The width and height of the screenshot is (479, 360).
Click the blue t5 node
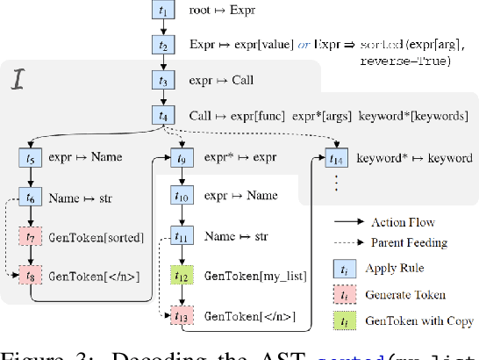[30, 158]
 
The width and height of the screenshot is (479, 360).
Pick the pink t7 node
[30, 238]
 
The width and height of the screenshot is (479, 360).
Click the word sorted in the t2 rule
[381, 43]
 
